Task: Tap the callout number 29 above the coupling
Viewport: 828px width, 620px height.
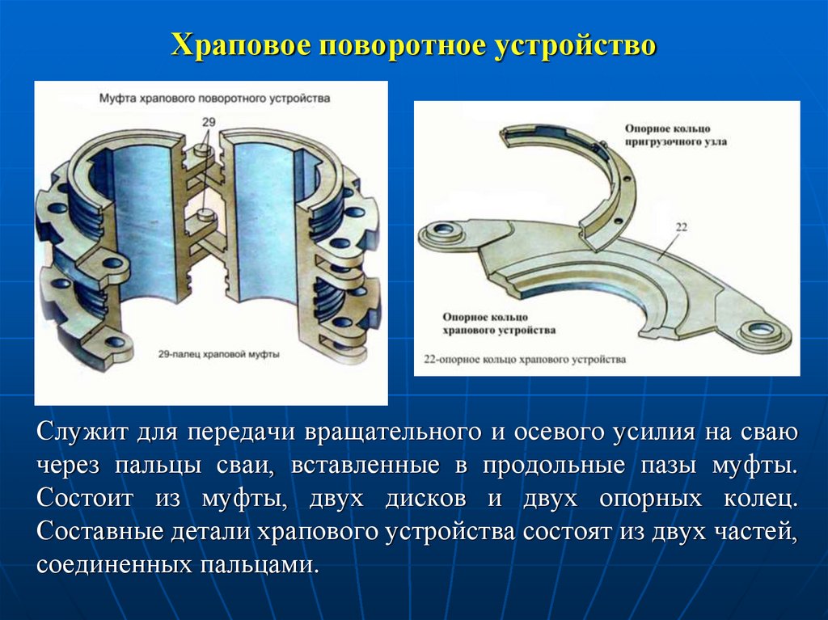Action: coord(209,121)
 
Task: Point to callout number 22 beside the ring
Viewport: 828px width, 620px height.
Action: coord(681,229)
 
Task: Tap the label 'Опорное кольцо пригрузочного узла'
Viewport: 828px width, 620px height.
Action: coord(674,135)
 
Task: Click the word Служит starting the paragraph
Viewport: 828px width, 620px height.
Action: coord(80,432)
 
